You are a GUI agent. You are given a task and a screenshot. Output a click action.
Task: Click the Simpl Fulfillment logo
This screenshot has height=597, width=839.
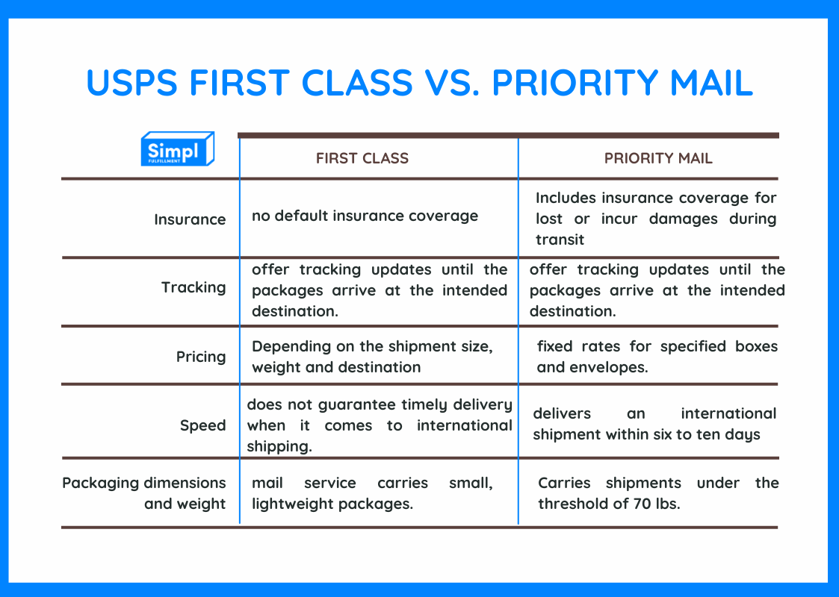pos(178,149)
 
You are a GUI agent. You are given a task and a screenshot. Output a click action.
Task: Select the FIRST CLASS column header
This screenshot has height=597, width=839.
pos(362,158)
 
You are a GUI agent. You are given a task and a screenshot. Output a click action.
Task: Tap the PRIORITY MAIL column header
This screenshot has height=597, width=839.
pos(658,158)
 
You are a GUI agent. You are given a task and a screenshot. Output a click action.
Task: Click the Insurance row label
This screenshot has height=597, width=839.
pos(190,219)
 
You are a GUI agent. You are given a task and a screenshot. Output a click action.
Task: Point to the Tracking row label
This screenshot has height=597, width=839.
pos(194,287)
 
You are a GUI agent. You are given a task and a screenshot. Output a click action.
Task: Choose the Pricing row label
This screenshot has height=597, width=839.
pos(201,357)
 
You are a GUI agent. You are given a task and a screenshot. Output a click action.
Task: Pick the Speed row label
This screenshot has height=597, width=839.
pos(202,425)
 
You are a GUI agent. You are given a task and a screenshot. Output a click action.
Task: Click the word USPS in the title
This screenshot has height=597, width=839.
pos(131,83)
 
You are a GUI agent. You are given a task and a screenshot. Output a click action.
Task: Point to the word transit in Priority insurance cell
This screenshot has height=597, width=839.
pos(560,240)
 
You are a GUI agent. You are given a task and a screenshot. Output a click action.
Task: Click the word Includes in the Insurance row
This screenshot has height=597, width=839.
pos(566,198)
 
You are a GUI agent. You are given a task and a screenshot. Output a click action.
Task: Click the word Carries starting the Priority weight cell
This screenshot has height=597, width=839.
pos(564,483)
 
